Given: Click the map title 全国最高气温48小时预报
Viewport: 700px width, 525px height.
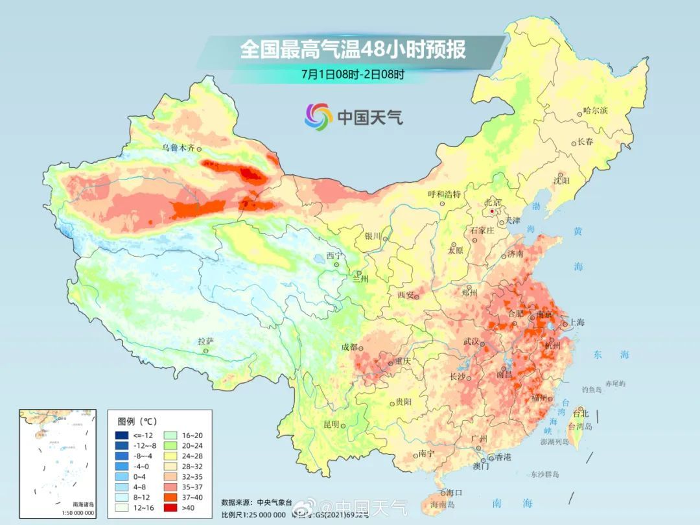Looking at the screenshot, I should pos(353,50).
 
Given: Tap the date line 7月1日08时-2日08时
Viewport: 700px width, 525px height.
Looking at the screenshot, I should pos(353,74).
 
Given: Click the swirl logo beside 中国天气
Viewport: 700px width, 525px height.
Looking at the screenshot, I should pos(318,117).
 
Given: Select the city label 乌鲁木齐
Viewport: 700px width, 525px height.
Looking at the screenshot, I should pos(178,148).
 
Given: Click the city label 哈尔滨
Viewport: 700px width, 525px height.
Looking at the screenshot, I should pos(595,111).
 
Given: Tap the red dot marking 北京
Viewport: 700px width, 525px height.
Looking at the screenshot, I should pos(493,211).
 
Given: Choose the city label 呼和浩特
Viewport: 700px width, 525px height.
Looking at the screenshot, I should pos(444,194).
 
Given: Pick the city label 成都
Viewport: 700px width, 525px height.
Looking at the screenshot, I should pos(349,347).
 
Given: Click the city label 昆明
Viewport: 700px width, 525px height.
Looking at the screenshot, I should pos(331,424).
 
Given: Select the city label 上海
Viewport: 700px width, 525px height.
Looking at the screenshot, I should pos(576,322).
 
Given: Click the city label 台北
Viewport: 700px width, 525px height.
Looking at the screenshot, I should pos(580,414).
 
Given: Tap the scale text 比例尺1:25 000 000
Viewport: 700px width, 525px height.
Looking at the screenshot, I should pos(253,515).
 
